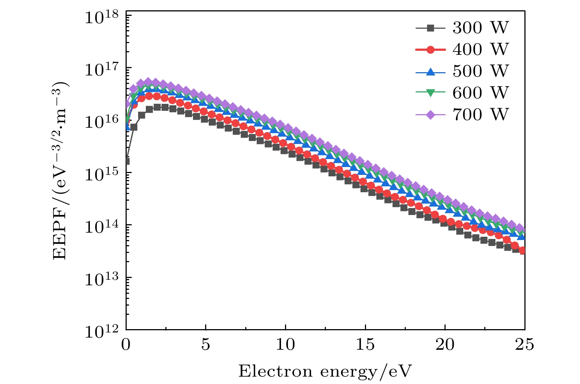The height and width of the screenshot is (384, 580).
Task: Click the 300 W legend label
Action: pyautogui.click(x=480, y=28)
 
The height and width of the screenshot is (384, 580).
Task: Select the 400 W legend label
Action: pyautogui.click(x=480, y=50)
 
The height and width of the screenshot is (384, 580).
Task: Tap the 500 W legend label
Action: pyautogui.click(x=480, y=71)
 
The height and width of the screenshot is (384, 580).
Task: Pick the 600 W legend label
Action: pyautogui.click(x=480, y=93)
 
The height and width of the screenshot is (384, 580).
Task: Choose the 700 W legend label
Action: pyautogui.click(x=480, y=115)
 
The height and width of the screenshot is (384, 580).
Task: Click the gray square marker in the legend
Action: pyautogui.click(x=430, y=28)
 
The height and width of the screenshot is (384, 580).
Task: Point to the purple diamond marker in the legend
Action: pyautogui.click(x=430, y=115)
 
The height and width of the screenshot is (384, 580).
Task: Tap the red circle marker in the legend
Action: pyautogui.click(x=430, y=50)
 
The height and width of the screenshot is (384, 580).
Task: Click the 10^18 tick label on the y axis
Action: pyautogui.click(x=102, y=17)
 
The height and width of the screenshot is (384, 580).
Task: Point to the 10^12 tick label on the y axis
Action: pyautogui.click(x=102, y=331)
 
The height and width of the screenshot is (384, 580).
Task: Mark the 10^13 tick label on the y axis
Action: pyautogui.click(x=102, y=279)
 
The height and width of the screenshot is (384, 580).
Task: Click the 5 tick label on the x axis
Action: pyautogui.click(x=205, y=345)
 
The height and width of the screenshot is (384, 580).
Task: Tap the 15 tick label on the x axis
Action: pyautogui.click(x=365, y=345)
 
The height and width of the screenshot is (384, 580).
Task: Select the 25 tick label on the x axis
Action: pyautogui.click(x=524, y=345)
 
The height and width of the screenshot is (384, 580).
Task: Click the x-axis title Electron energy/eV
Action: pyautogui.click(x=325, y=371)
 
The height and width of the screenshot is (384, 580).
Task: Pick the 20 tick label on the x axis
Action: pyautogui.click(x=445, y=345)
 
